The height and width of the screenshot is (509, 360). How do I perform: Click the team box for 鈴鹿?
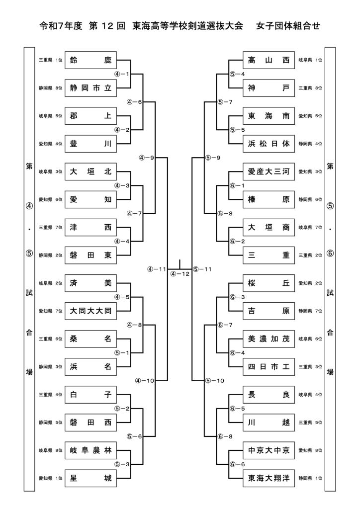(x=90, y=60)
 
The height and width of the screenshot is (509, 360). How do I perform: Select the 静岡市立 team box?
(x=90, y=88)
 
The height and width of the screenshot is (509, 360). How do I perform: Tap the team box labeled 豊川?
(x=90, y=144)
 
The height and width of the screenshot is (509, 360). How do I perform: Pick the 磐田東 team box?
(x=90, y=255)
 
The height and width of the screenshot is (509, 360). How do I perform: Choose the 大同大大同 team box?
(x=90, y=312)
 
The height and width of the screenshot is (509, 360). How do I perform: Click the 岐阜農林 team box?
(x=90, y=451)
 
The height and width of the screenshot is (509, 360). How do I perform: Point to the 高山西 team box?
(x=268, y=60)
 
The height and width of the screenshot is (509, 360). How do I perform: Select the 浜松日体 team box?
(x=268, y=144)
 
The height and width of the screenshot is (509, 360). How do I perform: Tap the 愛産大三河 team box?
(x=268, y=172)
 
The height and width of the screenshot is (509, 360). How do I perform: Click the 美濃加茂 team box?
(x=268, y=339)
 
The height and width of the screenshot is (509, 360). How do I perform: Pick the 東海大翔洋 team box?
(x=268, y=479)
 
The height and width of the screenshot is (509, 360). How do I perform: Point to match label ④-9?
(x=147, y=158)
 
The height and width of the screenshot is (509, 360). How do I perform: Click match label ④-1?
(x=122, y=74)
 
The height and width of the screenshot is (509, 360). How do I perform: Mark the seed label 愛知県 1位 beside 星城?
(x=51, y=479)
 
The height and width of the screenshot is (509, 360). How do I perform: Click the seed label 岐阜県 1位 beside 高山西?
(x=310, y=60)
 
